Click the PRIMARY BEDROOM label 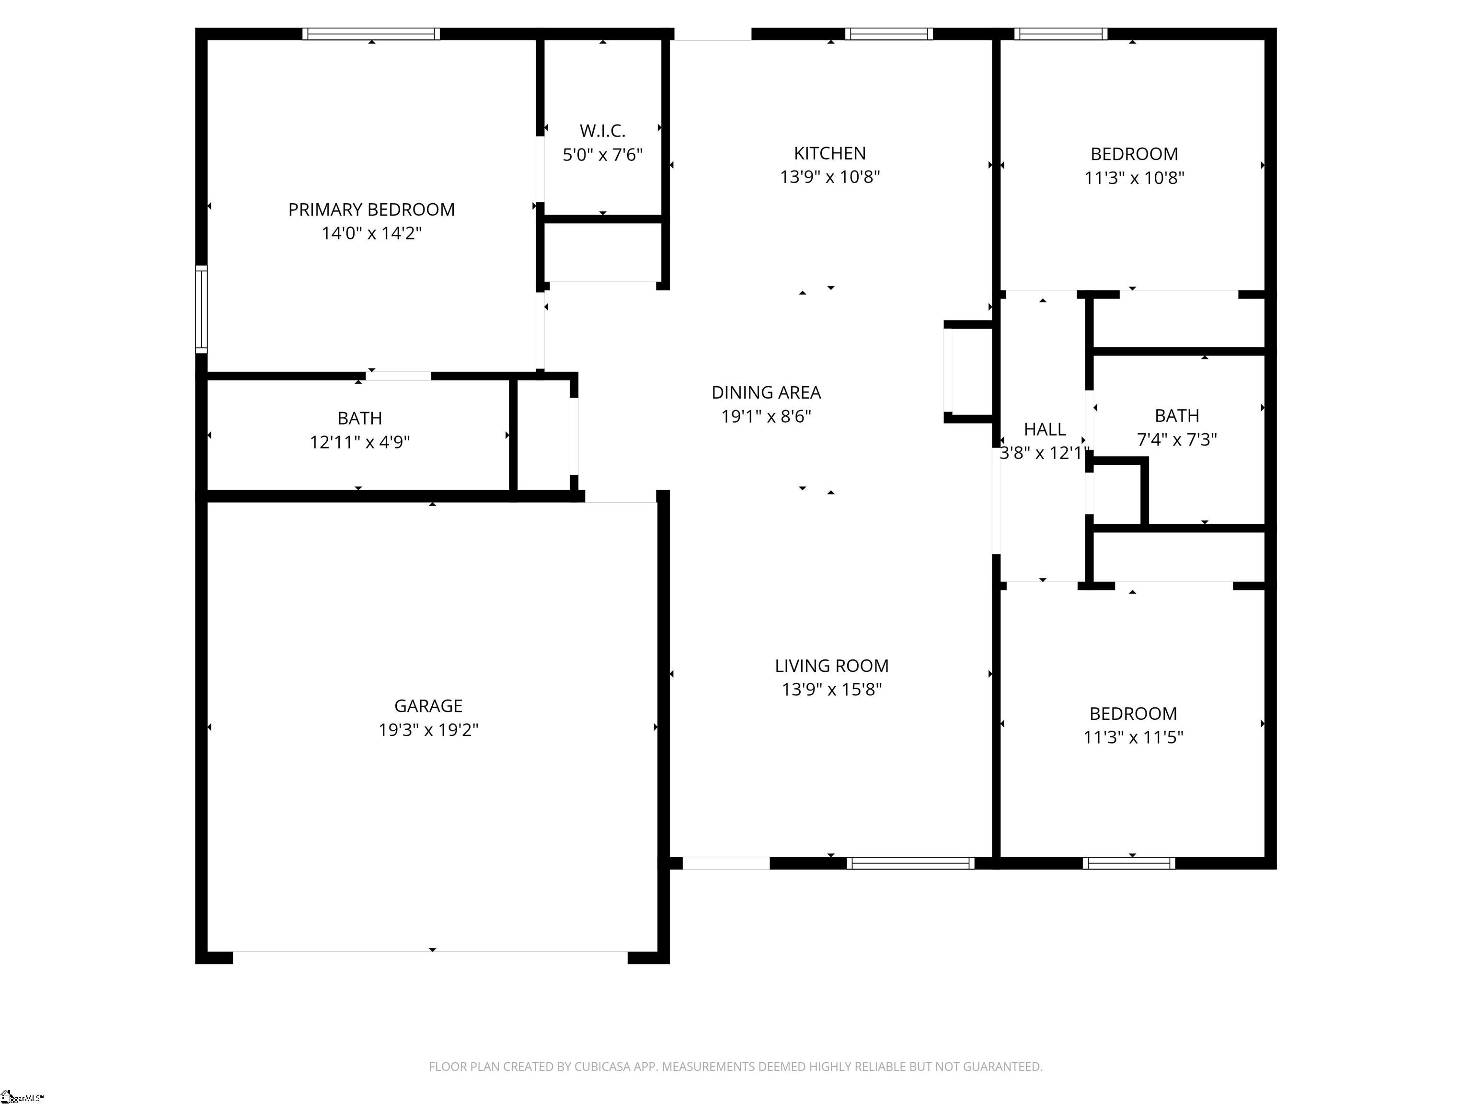[371, 209]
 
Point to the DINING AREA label [766, 392]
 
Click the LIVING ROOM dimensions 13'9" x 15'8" [831, 690]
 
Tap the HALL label [1044, 429]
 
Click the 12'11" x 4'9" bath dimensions [359, 442]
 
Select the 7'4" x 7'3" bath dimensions [1176, 439]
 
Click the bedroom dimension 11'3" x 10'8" [1134, 178]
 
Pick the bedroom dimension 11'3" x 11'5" [1133, 737]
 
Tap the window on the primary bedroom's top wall [371, 34]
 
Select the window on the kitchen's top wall [888, 34]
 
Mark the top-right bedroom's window [1061, 34]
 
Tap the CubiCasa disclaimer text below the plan [736, 1066]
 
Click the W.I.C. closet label [602, 130]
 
